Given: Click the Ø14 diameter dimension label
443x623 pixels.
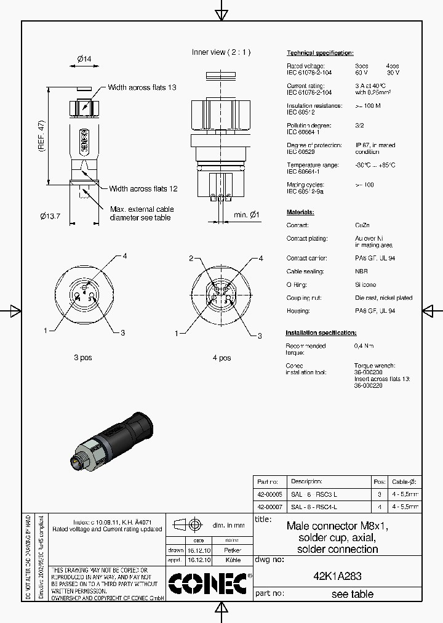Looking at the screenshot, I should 84,59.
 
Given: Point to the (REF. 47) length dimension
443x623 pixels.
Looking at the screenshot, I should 42,136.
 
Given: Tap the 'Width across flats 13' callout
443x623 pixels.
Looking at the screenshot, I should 142,87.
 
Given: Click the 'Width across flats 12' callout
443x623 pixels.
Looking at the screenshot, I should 143,189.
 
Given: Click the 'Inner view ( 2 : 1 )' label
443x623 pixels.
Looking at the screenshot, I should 221,52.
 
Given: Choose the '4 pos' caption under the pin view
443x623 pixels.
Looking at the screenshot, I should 221,358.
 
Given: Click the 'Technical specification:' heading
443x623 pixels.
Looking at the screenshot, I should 320,53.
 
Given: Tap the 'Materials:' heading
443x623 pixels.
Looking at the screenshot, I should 300,212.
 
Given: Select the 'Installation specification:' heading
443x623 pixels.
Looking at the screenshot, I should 321,333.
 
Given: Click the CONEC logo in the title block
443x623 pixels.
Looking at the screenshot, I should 207,584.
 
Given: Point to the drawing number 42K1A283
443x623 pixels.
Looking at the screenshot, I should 337,577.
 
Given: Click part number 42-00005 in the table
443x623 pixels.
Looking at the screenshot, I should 269,494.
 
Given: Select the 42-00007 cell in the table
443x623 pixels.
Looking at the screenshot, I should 269,507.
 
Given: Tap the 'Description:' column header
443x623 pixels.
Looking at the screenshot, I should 306,481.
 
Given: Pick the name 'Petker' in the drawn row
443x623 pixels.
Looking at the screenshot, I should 232,550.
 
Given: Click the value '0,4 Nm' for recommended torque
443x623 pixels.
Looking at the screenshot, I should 363,346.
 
